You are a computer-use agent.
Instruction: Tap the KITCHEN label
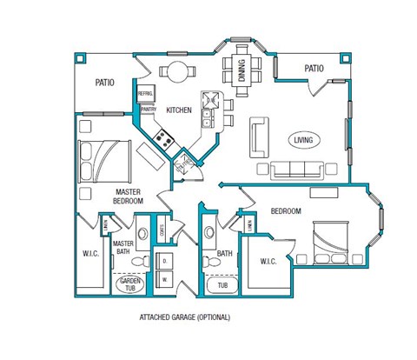click(179, 110)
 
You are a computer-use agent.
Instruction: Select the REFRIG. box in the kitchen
click(144, 91)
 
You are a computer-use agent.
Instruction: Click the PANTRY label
click(148, 110)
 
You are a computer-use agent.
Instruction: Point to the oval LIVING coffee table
click(303, 139)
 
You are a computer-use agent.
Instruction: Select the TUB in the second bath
click(222, 285)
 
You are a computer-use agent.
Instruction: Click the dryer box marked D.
click(165, 261)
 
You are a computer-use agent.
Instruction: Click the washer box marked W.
click(165, 280)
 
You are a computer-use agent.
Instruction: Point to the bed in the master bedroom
click(104, 157)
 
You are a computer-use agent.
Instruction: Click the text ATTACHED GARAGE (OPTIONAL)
click(184, 318)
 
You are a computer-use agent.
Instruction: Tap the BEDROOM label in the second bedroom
click(285, 211)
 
